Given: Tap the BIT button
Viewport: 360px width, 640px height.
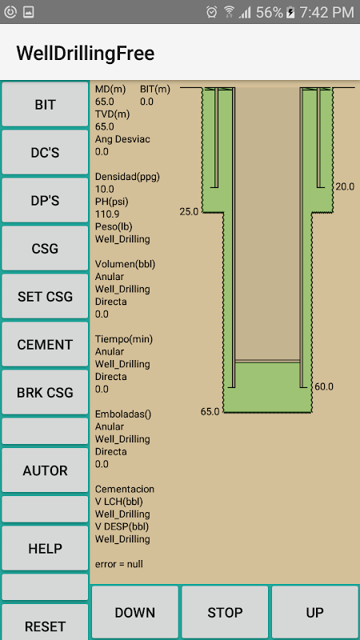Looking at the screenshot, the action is coord(45,105).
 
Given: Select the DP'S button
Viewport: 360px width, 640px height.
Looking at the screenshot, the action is coord(45,201).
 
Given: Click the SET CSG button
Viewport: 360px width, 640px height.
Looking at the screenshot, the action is coord(45,296).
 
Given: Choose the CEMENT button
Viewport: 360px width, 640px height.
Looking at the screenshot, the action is coord(45,345).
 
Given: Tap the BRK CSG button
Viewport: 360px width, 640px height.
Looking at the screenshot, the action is coord(45,392).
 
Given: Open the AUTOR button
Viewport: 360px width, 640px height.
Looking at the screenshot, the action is coord(45,470).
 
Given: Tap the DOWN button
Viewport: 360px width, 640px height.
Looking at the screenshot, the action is coord(135,612).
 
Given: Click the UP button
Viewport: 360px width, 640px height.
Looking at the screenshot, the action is coord(314,612).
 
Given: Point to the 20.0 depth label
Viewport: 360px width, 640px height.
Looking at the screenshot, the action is coord(345,187).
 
